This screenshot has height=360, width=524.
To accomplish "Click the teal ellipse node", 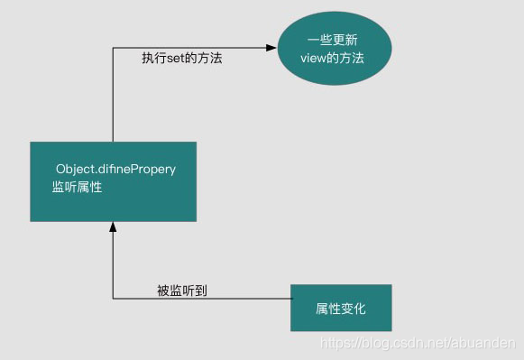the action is (335, 49).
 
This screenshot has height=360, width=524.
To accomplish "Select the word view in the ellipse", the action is (315, 59).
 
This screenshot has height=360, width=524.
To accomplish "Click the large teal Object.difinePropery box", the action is (113, 180).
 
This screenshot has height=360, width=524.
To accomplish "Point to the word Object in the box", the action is (75, 169).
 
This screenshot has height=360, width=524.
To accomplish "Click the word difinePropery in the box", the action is (137, 169).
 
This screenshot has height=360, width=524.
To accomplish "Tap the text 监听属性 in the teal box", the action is (78, 188).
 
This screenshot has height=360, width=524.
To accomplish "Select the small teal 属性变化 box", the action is (341, 308).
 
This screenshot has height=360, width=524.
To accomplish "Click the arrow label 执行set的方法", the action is (181, 59).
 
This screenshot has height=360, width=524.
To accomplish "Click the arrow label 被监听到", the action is (183, 290).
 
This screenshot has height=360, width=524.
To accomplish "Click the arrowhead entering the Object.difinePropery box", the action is (113, 226).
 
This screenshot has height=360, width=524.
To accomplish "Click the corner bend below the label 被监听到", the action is (113, 299).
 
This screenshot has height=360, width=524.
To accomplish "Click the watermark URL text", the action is (418, 346).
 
